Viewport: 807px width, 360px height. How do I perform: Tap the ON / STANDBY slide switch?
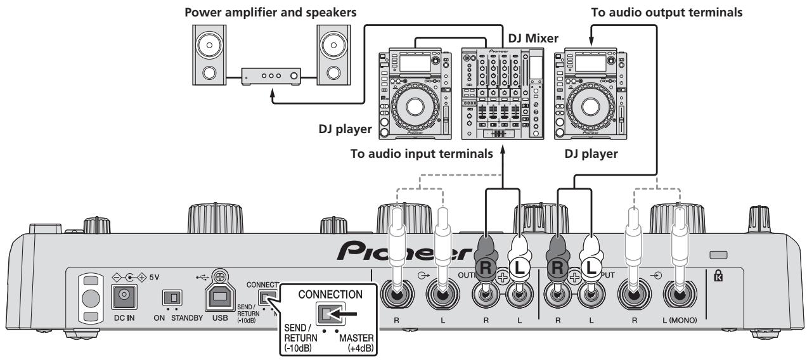pyautogui.click(x=170, y=299)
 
